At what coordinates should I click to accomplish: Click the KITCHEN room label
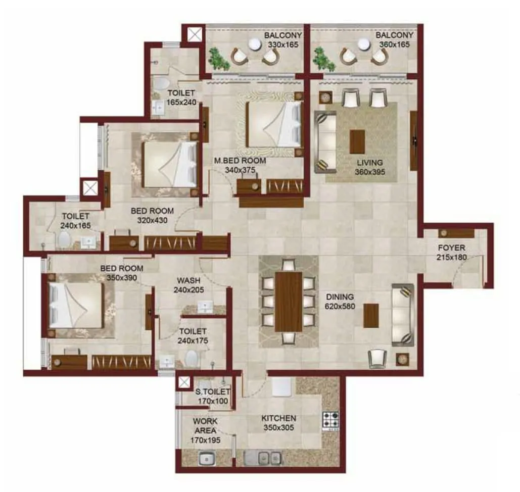click(x=278, y=418)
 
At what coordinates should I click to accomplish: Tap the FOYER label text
click(x=451, y=248)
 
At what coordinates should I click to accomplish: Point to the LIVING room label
click(x=370, y=163)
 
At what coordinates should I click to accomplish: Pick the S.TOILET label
click(x=213, y=392)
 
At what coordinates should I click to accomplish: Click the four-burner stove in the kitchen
click(x=331, y=420)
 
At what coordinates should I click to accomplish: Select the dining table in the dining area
click(x=289, y=302)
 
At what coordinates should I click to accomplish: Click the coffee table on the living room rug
click(x=357, y=141)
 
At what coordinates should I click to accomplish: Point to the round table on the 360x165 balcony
click(x=363, y=44)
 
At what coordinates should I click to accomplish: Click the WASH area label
click(x=188, y=280)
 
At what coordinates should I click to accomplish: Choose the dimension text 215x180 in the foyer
click(x=451, y=257)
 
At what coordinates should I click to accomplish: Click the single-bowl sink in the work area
click(x=206, y=459)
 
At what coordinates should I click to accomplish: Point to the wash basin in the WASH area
click(x=206, y=306)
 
